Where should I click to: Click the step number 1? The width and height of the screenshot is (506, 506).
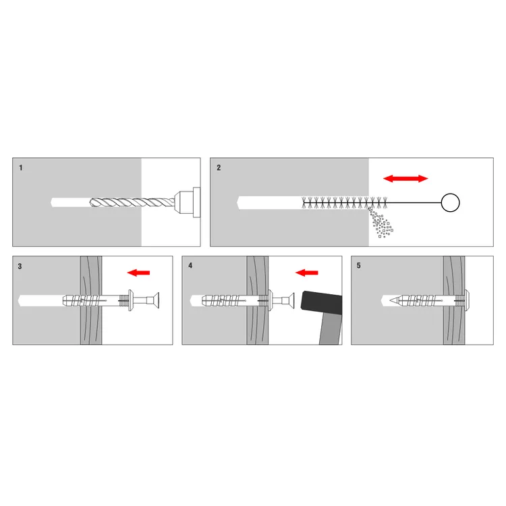tap(21, 168)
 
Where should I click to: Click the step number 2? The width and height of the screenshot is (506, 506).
tap(219, 168)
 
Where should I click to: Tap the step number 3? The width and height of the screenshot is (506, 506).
tap(20, 266)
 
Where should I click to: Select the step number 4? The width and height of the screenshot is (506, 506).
tap(190, 266)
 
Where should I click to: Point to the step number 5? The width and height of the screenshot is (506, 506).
tap(358, 266)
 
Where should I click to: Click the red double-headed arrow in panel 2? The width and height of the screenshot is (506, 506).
tap(405, 179)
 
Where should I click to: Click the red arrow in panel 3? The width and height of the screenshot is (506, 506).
tap(138, 273)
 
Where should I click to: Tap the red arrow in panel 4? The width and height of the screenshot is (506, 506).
tap(307, 273)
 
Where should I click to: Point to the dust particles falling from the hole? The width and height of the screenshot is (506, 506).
tap(381, 223)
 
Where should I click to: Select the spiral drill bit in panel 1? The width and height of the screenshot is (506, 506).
tap(132, 202)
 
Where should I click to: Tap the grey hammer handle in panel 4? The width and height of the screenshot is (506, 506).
tap(331, 329)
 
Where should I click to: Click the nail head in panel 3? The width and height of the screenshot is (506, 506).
tap(156, 300)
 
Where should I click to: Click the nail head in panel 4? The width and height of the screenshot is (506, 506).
tap(291, 300)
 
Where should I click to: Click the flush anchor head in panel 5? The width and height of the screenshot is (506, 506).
tap(467, 300)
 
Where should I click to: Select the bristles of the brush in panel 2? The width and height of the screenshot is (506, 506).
tap(344, 202)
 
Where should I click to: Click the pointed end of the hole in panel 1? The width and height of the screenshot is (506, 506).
tap(52, 202)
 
